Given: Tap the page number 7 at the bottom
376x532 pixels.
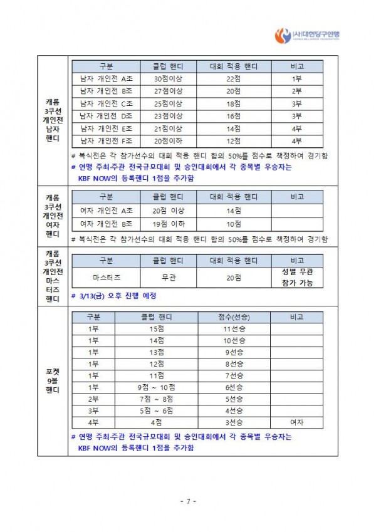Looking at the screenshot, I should pyautogui.click(x=188, y=501).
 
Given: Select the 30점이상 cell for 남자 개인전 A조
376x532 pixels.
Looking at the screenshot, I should pyautogui.click(x=168, y=78).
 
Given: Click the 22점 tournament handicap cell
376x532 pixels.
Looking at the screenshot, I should pyautogui.click(x=233, y=78).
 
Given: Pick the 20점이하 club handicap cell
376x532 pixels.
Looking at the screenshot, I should pyautogui.click(x=168, y=141).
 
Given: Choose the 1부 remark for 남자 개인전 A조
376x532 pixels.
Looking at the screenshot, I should pyautogui.click(x=297, y=78).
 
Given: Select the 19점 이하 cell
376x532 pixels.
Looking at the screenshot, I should pyautogui.click(x=168, y=224).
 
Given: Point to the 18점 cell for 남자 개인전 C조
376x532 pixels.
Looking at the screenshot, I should pyautogui.click(x=233, y=103).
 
